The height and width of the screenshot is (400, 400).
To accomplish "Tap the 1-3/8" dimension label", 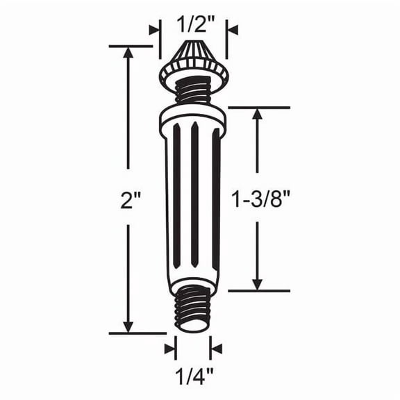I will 260,201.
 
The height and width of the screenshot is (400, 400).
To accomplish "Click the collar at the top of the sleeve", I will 193,120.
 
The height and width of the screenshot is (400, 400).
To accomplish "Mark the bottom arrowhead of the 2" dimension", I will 128,326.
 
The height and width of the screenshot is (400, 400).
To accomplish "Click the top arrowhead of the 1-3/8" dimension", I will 258,115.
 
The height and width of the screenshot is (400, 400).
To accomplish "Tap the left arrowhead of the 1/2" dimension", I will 153,30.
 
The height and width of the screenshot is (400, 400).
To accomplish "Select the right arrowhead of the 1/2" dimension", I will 232,30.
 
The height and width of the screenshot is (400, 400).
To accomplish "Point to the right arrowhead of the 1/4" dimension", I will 216,348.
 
